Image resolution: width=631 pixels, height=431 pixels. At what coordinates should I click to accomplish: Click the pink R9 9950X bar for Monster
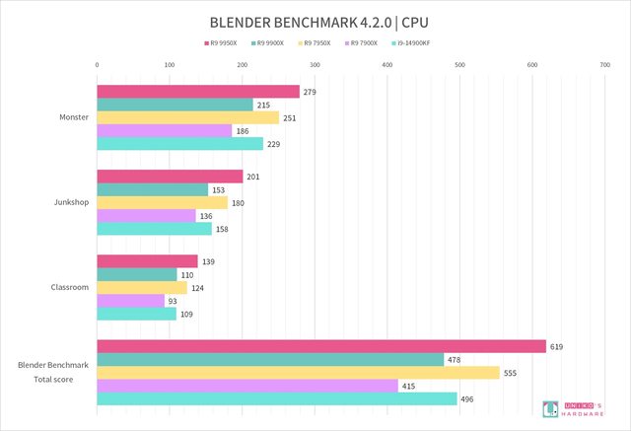click(x=197, y=92)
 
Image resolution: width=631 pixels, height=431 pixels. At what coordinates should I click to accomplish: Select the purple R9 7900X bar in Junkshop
click(x=146, y=216)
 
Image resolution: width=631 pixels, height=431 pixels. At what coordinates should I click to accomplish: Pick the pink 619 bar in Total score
click(x=320, y=346)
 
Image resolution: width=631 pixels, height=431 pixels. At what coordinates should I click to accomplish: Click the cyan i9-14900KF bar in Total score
click(x=276, y=398)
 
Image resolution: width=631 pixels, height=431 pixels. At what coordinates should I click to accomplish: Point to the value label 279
click(x=310, y=92)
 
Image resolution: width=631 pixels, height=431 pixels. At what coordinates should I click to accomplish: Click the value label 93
click(x=175, y=301)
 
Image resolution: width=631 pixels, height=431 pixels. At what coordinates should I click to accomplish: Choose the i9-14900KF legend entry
click(x=416, y=43)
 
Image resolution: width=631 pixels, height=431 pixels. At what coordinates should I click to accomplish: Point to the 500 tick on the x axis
click(x=459, y=65)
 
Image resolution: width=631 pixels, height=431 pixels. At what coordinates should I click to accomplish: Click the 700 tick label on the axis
click(x=604, y=65)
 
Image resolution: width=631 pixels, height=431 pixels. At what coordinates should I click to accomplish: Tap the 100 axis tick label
click(x=170, y=65)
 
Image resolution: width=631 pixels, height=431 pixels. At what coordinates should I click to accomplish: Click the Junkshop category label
click(x=70, y=203)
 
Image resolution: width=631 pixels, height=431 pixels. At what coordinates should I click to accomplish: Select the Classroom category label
click(x=69, y=288)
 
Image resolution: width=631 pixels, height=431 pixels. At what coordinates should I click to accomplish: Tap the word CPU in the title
click(x=415, y=21)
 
